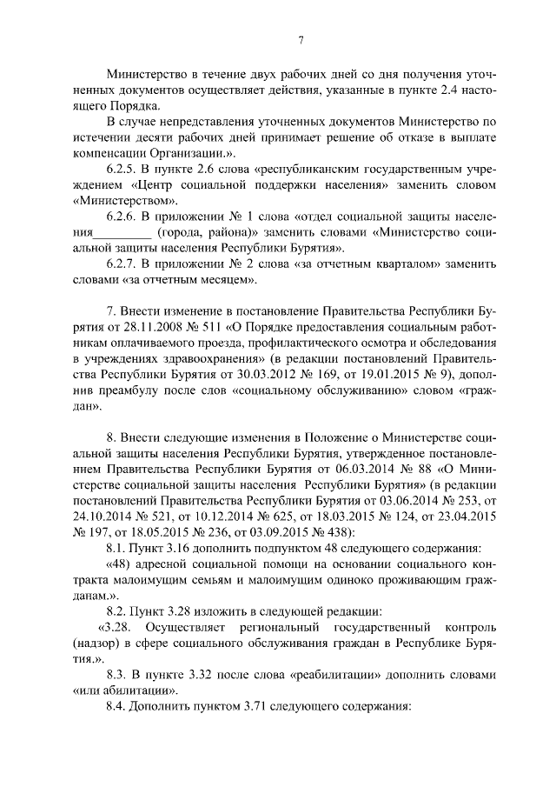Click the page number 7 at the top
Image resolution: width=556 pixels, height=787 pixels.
coord(300,39)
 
